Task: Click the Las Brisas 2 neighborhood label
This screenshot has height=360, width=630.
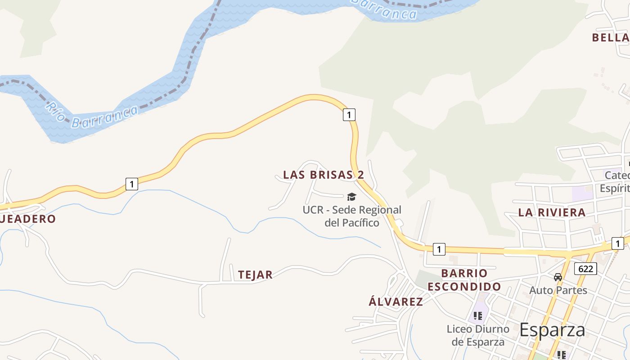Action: (x=324, y=175)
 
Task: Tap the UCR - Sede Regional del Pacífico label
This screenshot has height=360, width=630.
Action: (x=352, y=216)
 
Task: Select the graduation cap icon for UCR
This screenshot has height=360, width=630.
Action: (x=351, y=197)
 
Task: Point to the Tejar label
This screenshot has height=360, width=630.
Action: (x=255, y=274)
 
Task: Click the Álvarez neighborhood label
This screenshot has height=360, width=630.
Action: (x=396, y=301)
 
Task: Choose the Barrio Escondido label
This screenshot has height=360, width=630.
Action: (x=464, y=280)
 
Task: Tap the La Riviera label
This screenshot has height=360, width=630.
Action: (x=552, y=212)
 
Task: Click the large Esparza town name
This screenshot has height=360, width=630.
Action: (x=552, y=330)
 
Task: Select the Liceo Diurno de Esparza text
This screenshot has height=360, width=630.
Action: (x=478, y=335)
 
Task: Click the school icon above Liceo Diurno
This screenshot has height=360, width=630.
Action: (x=478, y=315)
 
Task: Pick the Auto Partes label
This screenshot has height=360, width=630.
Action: (x=558, y=290)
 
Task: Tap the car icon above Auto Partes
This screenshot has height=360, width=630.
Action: (x=558, y=277)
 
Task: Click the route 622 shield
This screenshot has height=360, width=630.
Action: (x=585, y=269)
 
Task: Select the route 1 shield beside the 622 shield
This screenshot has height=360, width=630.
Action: (x=618, y=243)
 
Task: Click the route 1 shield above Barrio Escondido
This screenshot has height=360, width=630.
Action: (x=439, y=249)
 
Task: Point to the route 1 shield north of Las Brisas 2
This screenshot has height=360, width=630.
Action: (x=349, y=115)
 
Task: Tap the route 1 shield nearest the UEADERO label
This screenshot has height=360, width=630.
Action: (x=131, y=184)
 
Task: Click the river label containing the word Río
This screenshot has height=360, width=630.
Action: (x=92, y=115)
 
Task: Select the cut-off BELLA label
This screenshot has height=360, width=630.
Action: (x=611, y=37)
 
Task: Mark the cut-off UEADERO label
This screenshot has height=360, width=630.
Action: (x=28, y=219)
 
